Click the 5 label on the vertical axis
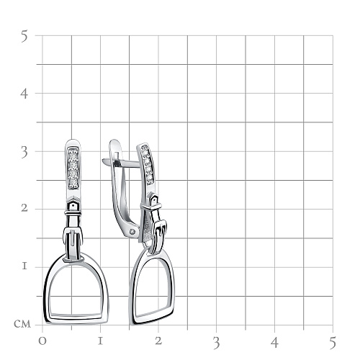[x=24, y=36]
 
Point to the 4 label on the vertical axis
[x=24, y=94]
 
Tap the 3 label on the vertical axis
[x=24, y=153]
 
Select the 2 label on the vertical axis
[x=24, y=208]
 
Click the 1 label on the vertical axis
[x=24, y=266]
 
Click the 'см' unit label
[x=22, y=324]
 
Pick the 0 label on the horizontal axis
[x=42, y=341]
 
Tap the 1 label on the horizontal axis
[x=100, y=341]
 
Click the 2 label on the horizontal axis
[x=158, y=341]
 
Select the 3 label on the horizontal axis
[x=217, y=343]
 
